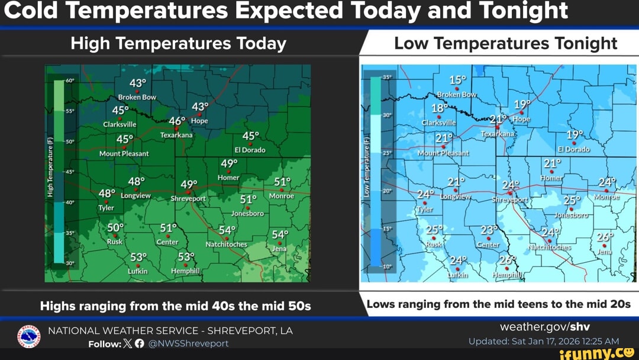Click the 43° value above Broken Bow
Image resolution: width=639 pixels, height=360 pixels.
click(137, 83)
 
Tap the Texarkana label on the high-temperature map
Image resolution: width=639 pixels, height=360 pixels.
click(176, 135)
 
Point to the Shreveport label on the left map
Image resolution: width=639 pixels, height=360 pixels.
click(188, 199)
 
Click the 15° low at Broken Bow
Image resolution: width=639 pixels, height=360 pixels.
click(457, 81)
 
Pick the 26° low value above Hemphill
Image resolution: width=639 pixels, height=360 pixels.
click(507, 261)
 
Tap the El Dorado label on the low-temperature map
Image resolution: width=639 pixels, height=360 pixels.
click(573, 149)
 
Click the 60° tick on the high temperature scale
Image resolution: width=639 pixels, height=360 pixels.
click(69, 80)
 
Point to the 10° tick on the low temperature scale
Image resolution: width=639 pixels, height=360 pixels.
click(388, 267)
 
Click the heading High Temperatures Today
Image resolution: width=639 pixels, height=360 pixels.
click(178, 43)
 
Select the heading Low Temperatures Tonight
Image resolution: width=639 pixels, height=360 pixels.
click(505, 43)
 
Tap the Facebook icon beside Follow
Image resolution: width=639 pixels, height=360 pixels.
click(139, 343)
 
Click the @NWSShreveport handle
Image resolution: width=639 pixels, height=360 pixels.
click(188, 343)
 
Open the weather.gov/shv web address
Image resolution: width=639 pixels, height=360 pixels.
click(544, 327)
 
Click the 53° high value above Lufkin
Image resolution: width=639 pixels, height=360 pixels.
click(138, 257)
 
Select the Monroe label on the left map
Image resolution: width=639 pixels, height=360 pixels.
click(281, 196)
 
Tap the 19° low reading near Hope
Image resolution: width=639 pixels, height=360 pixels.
click(521, 105)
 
